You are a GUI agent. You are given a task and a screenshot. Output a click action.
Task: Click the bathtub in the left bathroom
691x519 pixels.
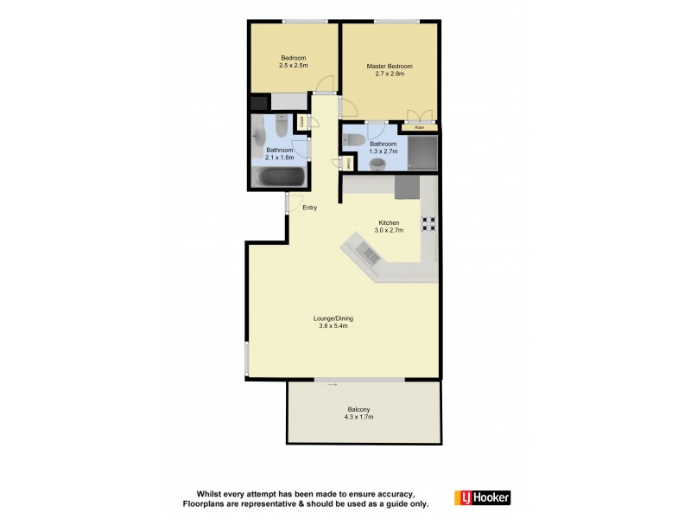282,178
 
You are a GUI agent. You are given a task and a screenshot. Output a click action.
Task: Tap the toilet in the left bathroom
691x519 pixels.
282,131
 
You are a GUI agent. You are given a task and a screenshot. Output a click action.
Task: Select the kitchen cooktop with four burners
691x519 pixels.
428,223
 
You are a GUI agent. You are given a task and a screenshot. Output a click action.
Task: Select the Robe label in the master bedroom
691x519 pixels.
419,128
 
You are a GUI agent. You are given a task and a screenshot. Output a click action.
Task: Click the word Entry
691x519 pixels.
310,207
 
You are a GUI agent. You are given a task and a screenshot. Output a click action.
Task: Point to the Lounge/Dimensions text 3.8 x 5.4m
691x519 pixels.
333,326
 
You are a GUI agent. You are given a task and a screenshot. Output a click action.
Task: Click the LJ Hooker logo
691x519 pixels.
482,497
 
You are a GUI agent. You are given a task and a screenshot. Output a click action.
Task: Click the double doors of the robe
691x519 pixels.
419,116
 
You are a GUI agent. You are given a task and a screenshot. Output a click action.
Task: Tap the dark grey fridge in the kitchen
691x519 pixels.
406,186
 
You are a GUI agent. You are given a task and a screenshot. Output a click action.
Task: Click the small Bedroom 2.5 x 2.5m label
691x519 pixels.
293,61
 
